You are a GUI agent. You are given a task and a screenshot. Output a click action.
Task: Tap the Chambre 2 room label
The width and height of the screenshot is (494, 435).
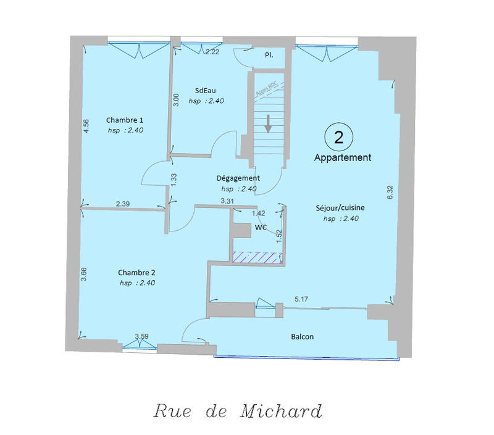136,273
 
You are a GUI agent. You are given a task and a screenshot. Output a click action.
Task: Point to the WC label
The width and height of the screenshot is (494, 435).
261,228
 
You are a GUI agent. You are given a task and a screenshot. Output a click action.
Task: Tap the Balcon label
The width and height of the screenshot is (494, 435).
303,337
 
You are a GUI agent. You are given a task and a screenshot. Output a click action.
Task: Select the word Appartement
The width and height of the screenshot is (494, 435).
342,157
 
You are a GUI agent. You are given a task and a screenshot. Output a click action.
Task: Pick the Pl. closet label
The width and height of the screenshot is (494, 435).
270,55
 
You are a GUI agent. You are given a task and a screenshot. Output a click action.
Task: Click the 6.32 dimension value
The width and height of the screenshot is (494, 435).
390,192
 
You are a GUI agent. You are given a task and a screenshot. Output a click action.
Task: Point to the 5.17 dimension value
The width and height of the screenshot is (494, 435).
302,299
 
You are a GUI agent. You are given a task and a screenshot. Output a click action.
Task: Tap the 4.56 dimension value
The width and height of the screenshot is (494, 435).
86,126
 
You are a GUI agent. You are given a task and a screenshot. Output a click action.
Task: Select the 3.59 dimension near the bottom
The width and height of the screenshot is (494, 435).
141,336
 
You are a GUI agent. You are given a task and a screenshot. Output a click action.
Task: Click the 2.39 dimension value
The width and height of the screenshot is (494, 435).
123,204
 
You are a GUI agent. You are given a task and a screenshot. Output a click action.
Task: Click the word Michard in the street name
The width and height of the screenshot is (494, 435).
282,410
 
